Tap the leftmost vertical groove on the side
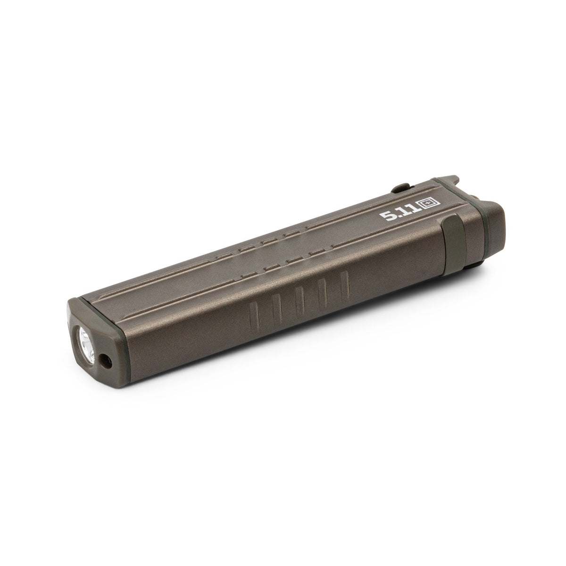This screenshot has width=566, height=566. point(254,315)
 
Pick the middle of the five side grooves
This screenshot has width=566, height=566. point(299,301)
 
